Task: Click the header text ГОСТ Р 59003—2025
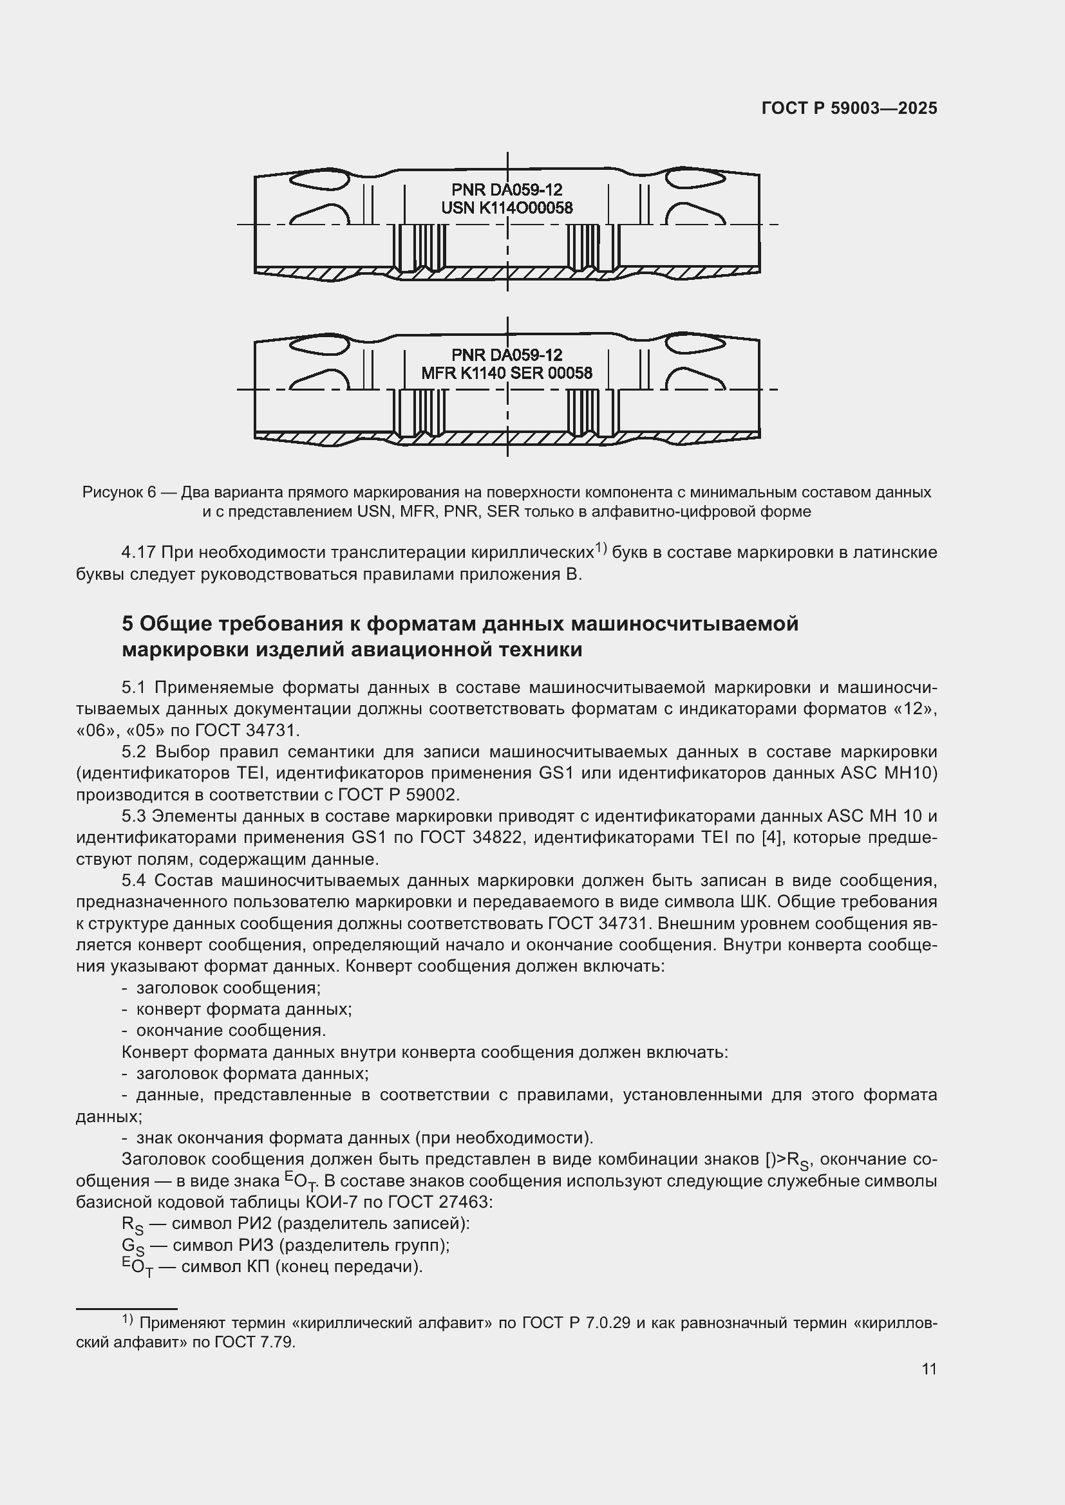coord(849,109)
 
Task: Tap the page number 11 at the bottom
coord(928,1369)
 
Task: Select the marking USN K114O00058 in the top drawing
coord(507,208)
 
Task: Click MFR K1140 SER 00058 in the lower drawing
coord(506,374)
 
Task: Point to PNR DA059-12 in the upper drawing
coord(507,190)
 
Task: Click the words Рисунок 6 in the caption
coord(118,492)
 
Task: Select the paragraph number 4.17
coord(138,553)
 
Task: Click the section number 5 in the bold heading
coord(127,623)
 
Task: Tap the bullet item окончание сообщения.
coord(231,1030)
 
